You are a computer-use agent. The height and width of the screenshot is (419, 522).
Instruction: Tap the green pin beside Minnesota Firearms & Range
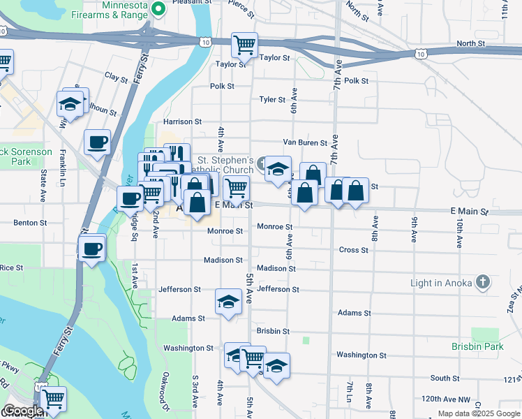pyautogui.click(x=158, y=9)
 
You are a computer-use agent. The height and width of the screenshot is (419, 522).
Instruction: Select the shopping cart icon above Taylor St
pyautogui.click(x=244, y=45)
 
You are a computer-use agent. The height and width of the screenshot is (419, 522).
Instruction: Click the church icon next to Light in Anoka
pyautogui.click(x=482, y=282)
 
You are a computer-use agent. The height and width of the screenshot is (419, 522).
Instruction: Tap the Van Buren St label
pyautogui.click(x=304, y=142)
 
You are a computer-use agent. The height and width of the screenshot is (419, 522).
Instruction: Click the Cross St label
pyautogui.click(x=353, y=250)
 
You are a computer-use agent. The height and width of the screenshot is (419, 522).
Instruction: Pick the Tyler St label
pyautogui.click(x=268, y=100)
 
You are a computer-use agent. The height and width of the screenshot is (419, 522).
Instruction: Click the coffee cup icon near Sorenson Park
pyautogui.click(x=97, y=142)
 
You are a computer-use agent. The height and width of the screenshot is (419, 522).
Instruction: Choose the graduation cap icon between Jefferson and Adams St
pyautogui.click(x=228, y=302)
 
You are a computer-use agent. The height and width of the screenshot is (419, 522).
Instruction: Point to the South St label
pyautogui.click(x=445, y=378)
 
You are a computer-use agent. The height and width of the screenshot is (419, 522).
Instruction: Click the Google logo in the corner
pyautogui.click(x=22, y=411)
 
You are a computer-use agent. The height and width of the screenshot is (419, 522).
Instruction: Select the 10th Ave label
pyautogui.click(x=459, y=233)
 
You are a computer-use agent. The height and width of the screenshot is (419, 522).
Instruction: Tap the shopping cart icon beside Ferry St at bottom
pyautogui.click(x=53, y=399)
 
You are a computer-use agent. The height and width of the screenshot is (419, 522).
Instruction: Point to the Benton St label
pyautogui.click(x=30, y=223)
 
